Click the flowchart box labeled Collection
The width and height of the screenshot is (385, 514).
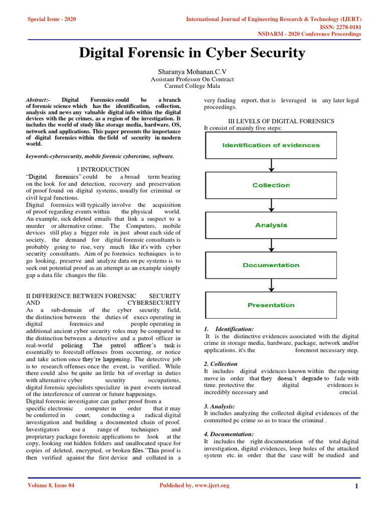[x=271, y=185]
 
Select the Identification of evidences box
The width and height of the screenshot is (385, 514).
[x=271, y=145]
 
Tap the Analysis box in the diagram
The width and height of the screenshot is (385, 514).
[x=271, y=225]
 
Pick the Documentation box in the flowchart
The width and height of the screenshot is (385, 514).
[x=271, y=265]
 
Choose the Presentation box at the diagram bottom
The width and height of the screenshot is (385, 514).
[x=271, y=305]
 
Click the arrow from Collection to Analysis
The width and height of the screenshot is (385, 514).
[x=271, y=205]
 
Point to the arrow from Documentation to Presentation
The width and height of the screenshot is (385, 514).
[x=271, y=285]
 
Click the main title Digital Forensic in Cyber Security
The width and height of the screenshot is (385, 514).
[x=192, y=53]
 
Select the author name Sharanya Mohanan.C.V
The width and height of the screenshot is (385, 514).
[x=192, y=72]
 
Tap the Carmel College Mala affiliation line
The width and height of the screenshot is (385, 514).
[x=192, y=86]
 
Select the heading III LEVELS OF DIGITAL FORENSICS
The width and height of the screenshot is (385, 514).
[x=281, y=121]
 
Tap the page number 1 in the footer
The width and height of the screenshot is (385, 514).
[x=356, y=486]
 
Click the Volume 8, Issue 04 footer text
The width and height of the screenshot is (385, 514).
[x=51, y=485]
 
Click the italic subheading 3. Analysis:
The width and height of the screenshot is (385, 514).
[x=219, y=406]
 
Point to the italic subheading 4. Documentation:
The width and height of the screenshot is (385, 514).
[x=229, y=434]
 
